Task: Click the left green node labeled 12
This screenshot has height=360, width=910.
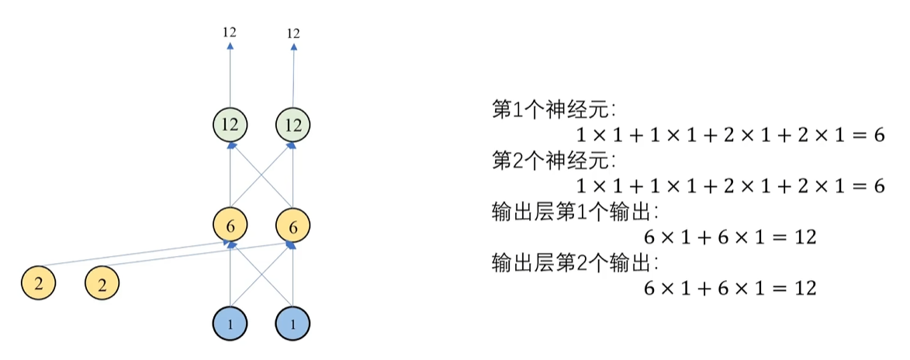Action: [x=230, y=124]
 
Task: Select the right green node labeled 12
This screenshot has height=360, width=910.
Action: [x=293, y=124]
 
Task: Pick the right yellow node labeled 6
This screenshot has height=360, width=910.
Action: [x=293, y=227]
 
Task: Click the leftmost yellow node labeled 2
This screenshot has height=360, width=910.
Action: [x=39, y=283]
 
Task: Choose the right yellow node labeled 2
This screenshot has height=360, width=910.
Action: [x=102, y=283]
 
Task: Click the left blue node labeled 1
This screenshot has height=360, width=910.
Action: [x=230, y=323]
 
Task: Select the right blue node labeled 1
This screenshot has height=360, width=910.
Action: [x=292, y=323]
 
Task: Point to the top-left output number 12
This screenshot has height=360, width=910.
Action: [x=229, y=33]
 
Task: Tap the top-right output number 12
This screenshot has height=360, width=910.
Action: [x=293, y=33]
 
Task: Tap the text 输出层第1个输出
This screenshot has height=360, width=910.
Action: [x=575, y=211]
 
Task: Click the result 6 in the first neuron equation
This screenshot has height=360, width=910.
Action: [x=879, y=134]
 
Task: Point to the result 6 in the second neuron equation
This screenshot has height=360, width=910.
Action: [x=879, y=186]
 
